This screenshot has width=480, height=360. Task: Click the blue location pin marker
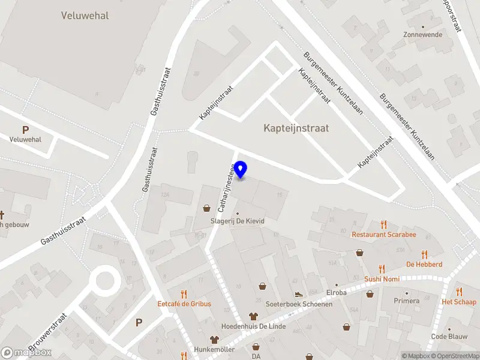[241, 170]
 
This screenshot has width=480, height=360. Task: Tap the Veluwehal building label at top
[85, 16]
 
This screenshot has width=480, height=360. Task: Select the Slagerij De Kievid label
[237, 221]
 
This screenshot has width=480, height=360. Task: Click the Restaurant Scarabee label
[384, 234]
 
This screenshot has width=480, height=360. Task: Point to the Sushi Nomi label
[382, 279]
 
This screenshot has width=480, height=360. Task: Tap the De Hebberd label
[424, 264]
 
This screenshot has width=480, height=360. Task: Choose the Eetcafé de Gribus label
[184, 304]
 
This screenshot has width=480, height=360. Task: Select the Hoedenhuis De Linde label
[254, 326]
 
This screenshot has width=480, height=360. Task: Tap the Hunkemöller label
[214, 349]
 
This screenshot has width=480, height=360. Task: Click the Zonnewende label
[423, 35]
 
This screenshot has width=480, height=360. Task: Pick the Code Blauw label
[449, 336]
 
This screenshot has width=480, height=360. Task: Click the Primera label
[406, 301]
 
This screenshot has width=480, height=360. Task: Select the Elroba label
[336, 293]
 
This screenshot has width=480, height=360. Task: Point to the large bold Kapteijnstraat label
[296, 128]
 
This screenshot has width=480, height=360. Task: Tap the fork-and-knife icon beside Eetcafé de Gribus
[184, 294]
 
